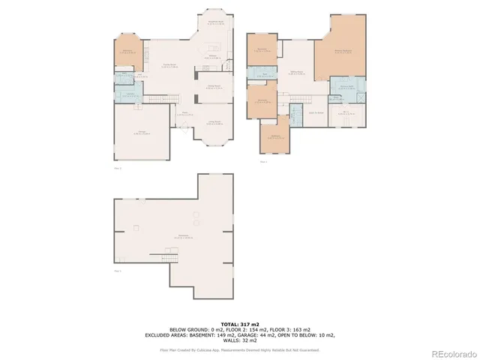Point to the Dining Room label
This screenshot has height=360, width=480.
pos(214,87)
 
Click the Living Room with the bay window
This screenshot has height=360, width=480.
pos(214,124)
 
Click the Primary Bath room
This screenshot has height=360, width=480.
pos(346,88)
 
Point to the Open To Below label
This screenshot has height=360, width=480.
pos(316,112)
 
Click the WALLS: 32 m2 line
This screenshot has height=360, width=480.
pos(239,340)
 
